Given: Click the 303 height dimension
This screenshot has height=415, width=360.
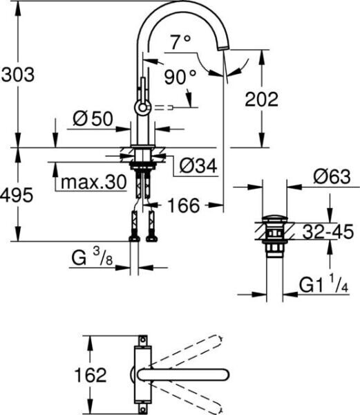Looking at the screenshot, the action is coord(18,75).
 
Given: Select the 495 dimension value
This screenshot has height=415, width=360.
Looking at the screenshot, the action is coord(17,195).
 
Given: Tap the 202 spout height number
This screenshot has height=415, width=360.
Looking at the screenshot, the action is coord(262,99).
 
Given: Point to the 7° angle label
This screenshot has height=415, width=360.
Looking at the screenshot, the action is coord(180,41).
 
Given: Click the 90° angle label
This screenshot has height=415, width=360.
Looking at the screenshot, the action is coord(180,77).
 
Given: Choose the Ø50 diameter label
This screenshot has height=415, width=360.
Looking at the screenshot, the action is coord(93,119).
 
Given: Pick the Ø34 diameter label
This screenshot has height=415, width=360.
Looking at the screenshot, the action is coord(198,166).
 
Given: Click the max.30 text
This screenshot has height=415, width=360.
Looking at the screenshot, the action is coord(94,182).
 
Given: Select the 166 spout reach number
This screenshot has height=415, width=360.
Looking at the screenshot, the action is coord(184,205).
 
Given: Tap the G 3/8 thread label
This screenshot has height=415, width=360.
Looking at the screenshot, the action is coord(92,257).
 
